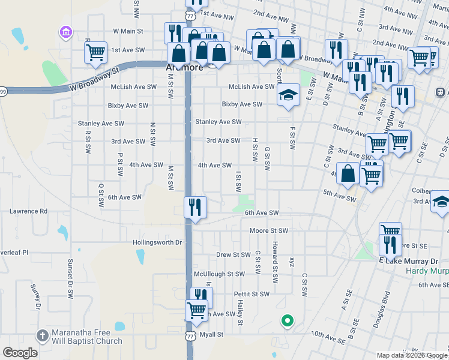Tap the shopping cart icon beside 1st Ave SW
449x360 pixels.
coord(96,53)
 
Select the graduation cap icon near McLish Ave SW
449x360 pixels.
coord(288,95)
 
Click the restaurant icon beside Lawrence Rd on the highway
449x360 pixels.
coord(195,208)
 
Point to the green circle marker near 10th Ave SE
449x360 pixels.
coord(287,320)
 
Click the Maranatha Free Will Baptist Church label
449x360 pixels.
coord(87,337)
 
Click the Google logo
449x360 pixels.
coord(20,353)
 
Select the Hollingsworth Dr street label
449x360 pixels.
coord(157,242)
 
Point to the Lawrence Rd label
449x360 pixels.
coord(28,211)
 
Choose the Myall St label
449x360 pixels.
coord(211,334)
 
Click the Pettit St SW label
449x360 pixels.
coord(252,294)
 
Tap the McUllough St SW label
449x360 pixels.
coord(219,274)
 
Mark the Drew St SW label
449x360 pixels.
coord(233,254)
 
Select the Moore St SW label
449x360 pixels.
coord(269,230)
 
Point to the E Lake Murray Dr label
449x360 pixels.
coord(409,261)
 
